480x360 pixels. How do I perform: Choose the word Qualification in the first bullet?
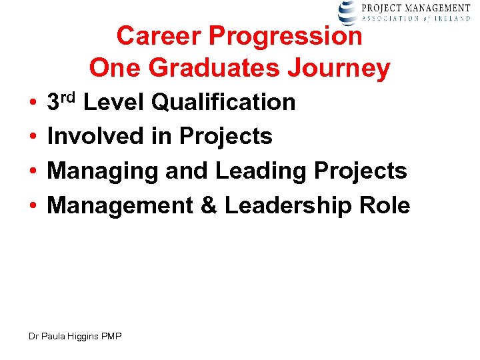pyautogui.click(x=223, y=102)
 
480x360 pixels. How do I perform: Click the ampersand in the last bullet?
pyautogui.click(x=209, y=205)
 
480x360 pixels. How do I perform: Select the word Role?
pyautogui.click(x=388, y=205)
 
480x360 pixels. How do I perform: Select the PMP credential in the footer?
pyautogui.click(x=111, y=337)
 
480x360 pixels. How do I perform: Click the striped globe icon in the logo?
pyautogui.click(x=348, y=12)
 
